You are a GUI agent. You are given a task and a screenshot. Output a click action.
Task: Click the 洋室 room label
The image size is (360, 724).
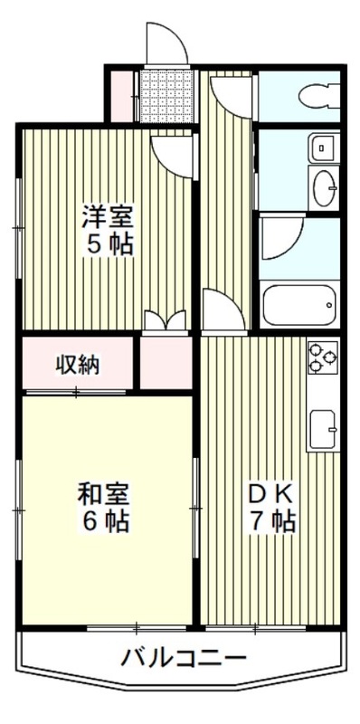(109, 217)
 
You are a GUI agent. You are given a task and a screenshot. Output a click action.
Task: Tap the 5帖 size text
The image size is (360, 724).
(109, 245)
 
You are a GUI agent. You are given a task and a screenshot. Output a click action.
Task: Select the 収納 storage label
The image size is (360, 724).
(79, 365)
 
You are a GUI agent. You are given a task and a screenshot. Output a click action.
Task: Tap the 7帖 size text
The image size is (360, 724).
(270, 522)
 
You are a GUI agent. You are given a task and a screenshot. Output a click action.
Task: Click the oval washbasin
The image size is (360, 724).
(323, 186)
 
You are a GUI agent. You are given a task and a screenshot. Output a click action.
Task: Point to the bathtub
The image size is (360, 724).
(298, 305)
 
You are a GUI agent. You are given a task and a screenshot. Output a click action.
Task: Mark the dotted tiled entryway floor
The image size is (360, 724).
(166, 93)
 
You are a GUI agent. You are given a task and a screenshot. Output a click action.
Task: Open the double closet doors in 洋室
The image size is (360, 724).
(166, 322)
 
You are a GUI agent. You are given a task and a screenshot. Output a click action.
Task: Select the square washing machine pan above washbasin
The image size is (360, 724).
(323, 147)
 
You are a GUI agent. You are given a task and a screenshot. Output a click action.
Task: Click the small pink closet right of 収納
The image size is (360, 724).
(166, 365)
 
